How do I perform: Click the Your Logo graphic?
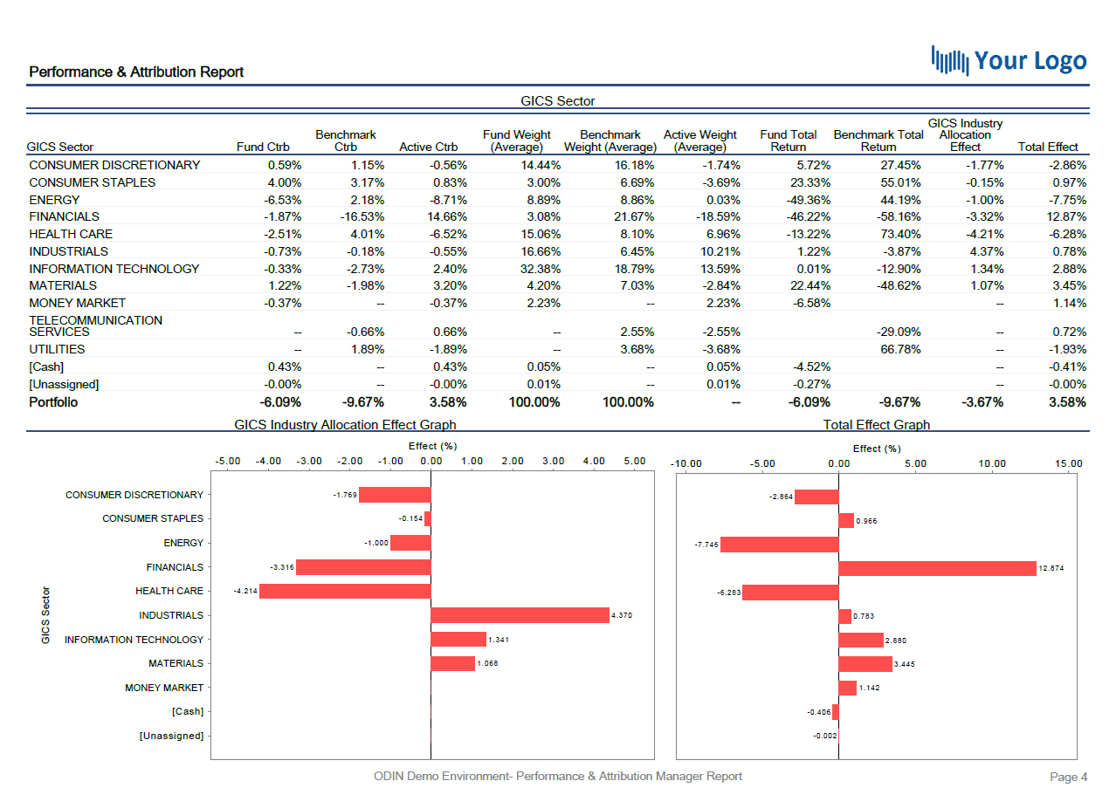[x=1009, y=60]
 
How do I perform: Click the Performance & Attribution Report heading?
[x=136, y=72]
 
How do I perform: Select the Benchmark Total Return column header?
[x=878, y=140]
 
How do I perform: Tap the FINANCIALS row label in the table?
[x=65, y=216]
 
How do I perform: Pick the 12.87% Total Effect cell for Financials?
[x=1066, y=216]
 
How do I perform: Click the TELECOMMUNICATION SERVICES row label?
[x=95, y=325]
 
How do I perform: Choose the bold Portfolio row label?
[x=53, y=402]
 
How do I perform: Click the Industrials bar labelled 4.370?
[x=520, y=615]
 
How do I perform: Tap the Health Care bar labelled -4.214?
[x=345, y=591]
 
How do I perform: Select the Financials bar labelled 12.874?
[x=937, y=568]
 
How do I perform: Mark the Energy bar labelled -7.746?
[x=779, y=545]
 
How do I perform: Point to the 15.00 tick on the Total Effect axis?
[x=1068, y=464]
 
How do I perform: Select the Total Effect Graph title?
[x=876, y=425]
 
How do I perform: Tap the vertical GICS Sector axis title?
[x=45, y=615]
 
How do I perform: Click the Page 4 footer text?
[x=1068, y=777]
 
